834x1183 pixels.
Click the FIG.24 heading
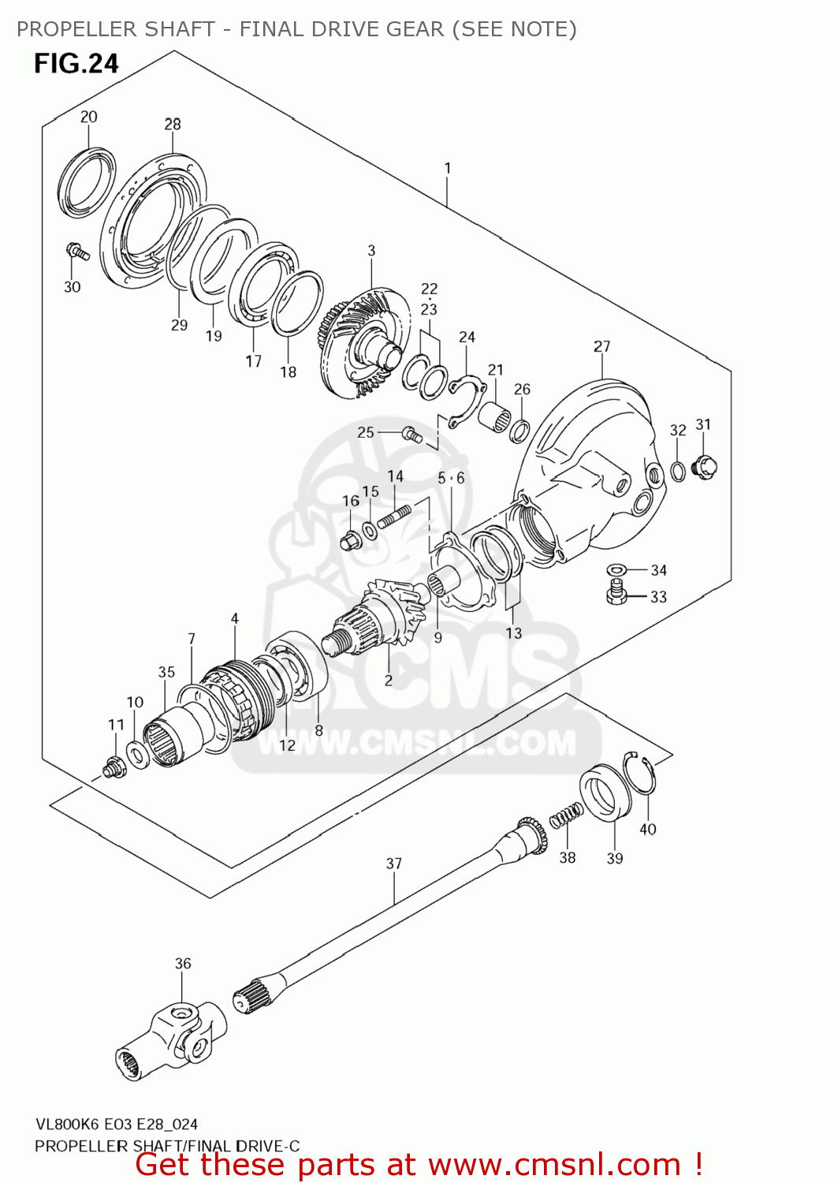[76, 63]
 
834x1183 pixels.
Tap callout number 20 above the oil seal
[88, 117]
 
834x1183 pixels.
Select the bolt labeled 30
[77, 252]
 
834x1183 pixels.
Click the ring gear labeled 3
[364, 343]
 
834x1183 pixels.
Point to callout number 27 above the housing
[601, 346]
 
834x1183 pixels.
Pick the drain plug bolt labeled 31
[704, 466]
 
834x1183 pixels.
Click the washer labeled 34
[616, 570]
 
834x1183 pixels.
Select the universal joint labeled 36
[173, 1035]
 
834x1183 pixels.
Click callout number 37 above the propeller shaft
[394, 864]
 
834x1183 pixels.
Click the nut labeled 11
[115, 766]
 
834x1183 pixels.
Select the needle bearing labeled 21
[494, 416]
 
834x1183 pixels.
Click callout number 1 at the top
[448, 168]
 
